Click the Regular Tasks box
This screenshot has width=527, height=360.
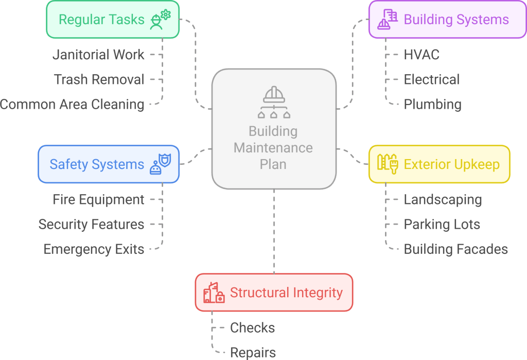113,20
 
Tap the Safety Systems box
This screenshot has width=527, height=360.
109,164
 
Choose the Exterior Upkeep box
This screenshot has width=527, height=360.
439,164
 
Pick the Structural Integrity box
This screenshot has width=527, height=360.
274,293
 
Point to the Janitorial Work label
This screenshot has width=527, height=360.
99,55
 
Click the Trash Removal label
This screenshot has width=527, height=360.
99,79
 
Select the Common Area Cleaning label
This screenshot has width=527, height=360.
72,104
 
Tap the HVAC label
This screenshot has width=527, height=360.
421,55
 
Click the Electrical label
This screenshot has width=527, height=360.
431,79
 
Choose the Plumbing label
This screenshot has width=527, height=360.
432,104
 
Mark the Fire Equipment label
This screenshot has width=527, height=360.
98,199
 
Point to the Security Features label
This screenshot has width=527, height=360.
91,224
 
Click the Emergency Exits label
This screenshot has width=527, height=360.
94,249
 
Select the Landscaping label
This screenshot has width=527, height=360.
443,199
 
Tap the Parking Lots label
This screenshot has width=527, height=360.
442,224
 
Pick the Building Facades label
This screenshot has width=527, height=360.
455,249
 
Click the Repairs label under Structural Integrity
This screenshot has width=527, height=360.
253,352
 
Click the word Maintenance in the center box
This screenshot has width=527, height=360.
273,148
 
